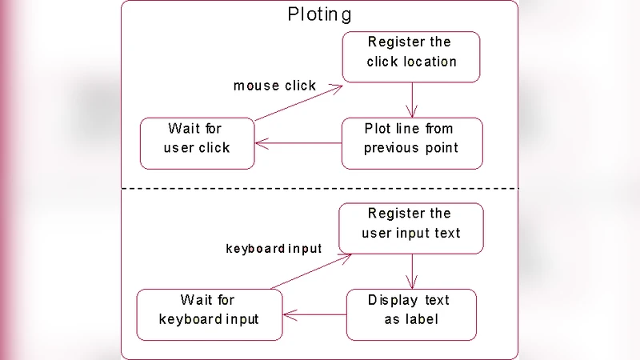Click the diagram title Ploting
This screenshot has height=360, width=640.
(x=319, y=14)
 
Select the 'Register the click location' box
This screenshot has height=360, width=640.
(x=411, y=57)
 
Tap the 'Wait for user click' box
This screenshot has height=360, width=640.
(x=197, y=143)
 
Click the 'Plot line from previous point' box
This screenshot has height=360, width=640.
(x=412, y=143)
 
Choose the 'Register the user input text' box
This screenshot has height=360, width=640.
(x=411, y=228)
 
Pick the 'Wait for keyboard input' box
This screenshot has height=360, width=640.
(x=209, y=314)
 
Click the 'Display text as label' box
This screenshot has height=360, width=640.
(x=411, y=314)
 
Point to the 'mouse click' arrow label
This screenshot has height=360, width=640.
(x=274, y=86)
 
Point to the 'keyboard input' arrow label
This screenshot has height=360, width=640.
(x=274, y=249)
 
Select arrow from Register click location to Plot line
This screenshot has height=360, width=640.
(x=412, y=100)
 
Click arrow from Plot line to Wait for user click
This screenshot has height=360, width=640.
(x=298, y=144)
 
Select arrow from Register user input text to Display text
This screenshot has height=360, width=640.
(x=412, y=271)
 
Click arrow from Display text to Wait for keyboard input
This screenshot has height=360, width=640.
(x=314, y=314)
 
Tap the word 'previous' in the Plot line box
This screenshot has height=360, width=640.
(x=391, y=148)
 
